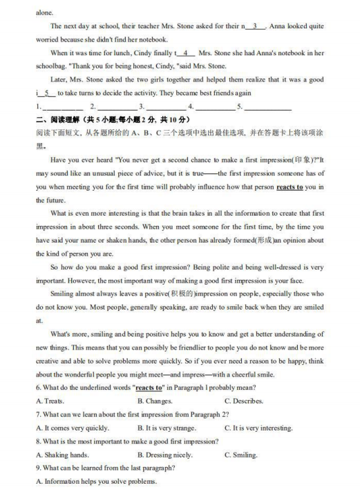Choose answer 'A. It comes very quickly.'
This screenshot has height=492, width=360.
point(73,428)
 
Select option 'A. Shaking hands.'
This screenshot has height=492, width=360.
point(62,455)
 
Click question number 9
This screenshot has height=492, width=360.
point(38,468)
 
